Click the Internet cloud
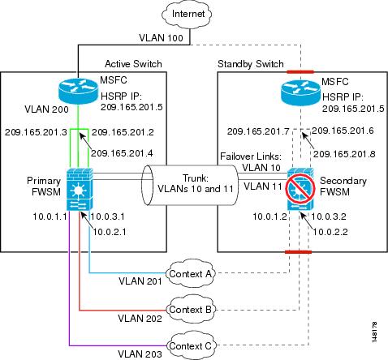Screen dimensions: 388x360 (188, 14)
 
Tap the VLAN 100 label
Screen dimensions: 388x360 (161, 38)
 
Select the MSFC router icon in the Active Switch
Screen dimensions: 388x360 (78, 90)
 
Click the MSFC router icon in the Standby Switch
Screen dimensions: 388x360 (300, 92)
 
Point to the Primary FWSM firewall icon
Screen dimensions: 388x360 (80, 188)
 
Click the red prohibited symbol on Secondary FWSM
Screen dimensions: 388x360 (300, 189)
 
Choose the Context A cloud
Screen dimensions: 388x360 (190, 274)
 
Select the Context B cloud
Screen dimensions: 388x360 (190, 310)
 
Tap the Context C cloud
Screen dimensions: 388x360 (190, 345)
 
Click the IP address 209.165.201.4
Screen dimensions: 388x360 (122, 153)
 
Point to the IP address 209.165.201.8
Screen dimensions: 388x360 (344, 154)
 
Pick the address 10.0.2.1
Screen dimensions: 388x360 (110, 232)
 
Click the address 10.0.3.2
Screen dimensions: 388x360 (329, 216)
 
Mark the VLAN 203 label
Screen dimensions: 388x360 (140, 354)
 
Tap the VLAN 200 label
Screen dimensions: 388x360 (46, 109)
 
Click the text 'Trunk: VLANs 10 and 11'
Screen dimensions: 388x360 (196, 183)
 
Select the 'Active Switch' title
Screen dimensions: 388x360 (133, 64)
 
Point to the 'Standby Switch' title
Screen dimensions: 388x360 (251, 64)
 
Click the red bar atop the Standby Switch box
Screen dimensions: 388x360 (300, 72)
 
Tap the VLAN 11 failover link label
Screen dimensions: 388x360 (263, 186)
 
